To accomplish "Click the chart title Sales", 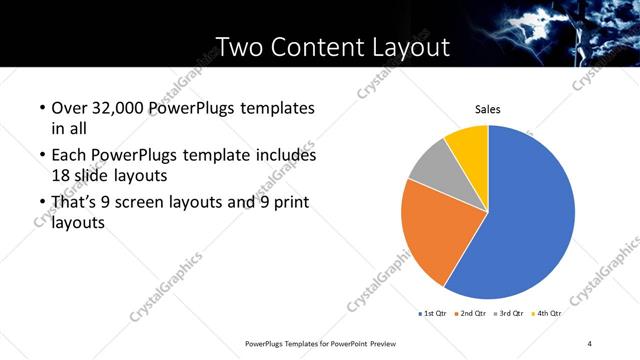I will pyautogui.click(x=487, y=110).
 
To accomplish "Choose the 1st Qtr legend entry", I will pyautogui.click(x=434, y=314).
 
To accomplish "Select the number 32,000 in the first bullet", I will pyautogui.click(x=116, y=108).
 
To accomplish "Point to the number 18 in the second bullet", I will pyautogui.click(x=61, y=174).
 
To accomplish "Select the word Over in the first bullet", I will pyautogui.click(x=69, y=108).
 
